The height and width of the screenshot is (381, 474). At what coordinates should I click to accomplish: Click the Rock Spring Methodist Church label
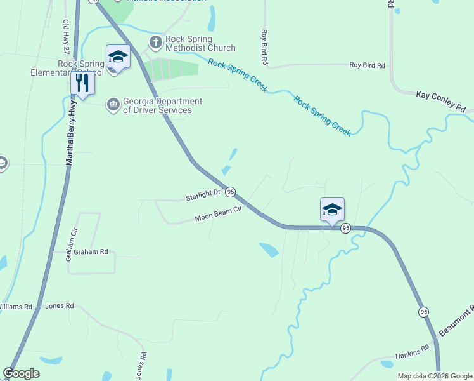pyautogui.click(x=200, y=43)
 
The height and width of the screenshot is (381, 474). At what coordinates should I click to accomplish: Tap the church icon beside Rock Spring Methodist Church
pyautogui.click(x=156, y=43)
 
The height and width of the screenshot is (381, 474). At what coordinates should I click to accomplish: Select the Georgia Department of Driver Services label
pyautogui.click(x=162, y=105)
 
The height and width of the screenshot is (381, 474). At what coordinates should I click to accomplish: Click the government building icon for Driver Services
pyautogui.click(x=113, y=104)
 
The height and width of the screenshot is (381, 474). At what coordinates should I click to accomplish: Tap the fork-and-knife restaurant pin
pyautogui.click(x=82, y=82)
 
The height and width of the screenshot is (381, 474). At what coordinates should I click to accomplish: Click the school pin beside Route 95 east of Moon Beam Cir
pyautogui.click(x=332, y=210)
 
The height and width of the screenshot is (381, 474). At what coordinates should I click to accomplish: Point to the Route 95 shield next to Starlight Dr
pyautogui.click(x=231, y=191)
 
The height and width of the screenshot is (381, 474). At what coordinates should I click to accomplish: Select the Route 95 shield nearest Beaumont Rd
pyautogui.click(x=423, y=311)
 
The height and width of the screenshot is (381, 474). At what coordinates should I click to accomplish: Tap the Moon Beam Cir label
pyautogui.click(x=219, y=217)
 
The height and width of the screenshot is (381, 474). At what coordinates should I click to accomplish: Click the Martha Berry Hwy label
pyautogui.click(x=71, y=133)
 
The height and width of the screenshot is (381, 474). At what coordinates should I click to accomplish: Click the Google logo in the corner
pyautogui.click(x=21, y=373)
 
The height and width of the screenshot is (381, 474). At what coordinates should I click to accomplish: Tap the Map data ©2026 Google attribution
pyautogui.click(x=434, y=376)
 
